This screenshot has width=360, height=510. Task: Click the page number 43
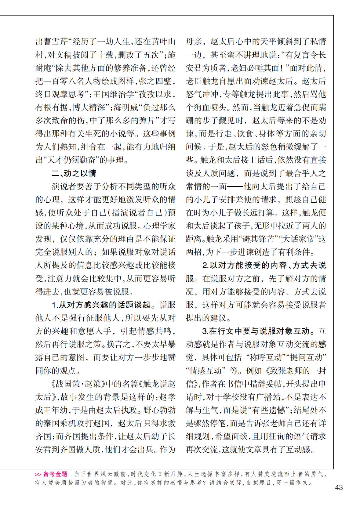point(339,487)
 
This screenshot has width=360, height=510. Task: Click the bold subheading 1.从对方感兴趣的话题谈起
point(101,305)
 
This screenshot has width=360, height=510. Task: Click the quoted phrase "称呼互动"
point(260,357)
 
